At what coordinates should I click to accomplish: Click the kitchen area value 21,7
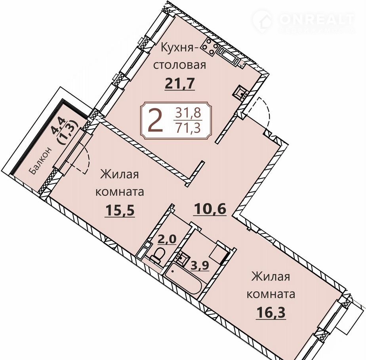tap(180, 84)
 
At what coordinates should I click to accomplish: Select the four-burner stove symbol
tap(210, 47)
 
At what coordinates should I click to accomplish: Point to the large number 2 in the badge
tap(156, 121)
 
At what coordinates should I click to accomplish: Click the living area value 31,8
tap(189, 113)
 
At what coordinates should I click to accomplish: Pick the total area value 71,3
tap(189, 128)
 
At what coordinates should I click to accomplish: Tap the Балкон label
tap(40, 161)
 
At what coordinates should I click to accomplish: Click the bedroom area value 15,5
tap(120, 210)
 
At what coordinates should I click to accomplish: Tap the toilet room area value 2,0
tap(167, 239)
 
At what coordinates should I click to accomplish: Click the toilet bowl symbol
tap(157, 256)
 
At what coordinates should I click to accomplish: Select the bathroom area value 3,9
tap(200, 265)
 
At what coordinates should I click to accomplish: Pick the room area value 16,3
tap(271, 312)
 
